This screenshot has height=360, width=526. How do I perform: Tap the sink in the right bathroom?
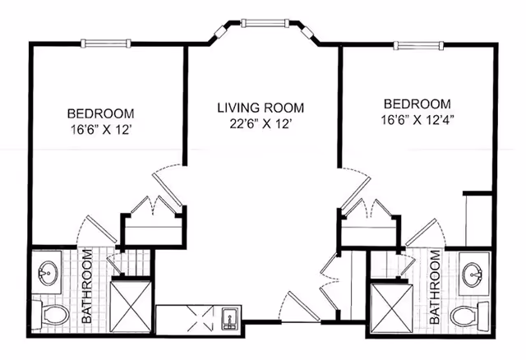(x=473, y=273)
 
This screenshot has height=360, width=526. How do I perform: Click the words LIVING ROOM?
(x=261, y=108)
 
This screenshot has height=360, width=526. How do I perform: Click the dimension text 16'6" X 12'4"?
(x=418, y=119)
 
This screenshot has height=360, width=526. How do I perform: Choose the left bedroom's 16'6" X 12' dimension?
(x=100, y=128)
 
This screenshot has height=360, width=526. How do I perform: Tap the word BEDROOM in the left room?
(x=100, y=113)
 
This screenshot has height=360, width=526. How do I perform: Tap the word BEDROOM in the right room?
(x=418, y=104)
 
